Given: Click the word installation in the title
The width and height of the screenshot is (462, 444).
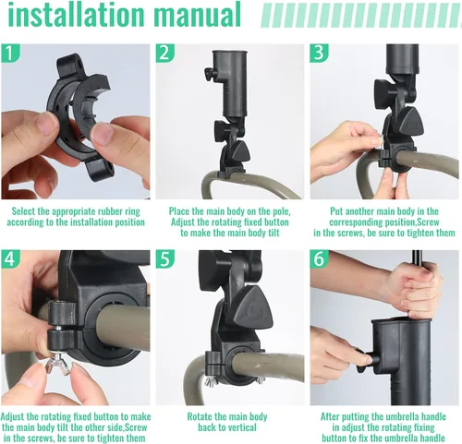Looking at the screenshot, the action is (x=76, y=14).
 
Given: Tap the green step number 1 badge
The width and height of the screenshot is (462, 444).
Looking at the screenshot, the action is (x=10, y=53).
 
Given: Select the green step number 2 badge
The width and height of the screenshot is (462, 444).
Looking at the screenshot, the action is (x=164, y=53).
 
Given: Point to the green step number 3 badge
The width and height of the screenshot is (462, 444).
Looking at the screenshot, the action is (x=319, y=53).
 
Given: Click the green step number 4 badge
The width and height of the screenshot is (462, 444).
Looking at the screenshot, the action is (x=10, y=259).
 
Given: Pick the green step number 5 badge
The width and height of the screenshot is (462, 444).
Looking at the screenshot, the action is (x=164, y=259).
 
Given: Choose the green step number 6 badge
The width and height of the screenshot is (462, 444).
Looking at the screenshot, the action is (x=319, y=259).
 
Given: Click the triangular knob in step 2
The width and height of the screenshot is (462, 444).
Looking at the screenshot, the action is (x=240, y=150).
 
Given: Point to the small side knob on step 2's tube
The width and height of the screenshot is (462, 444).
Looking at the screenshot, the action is (x=209, y=75).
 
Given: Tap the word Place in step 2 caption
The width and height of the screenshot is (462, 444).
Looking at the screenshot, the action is (x=178, y=211).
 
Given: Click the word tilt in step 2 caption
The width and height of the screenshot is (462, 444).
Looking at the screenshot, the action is (x=273, y=233).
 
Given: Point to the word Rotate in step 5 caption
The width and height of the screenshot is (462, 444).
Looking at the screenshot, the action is (x=201, y=416).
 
